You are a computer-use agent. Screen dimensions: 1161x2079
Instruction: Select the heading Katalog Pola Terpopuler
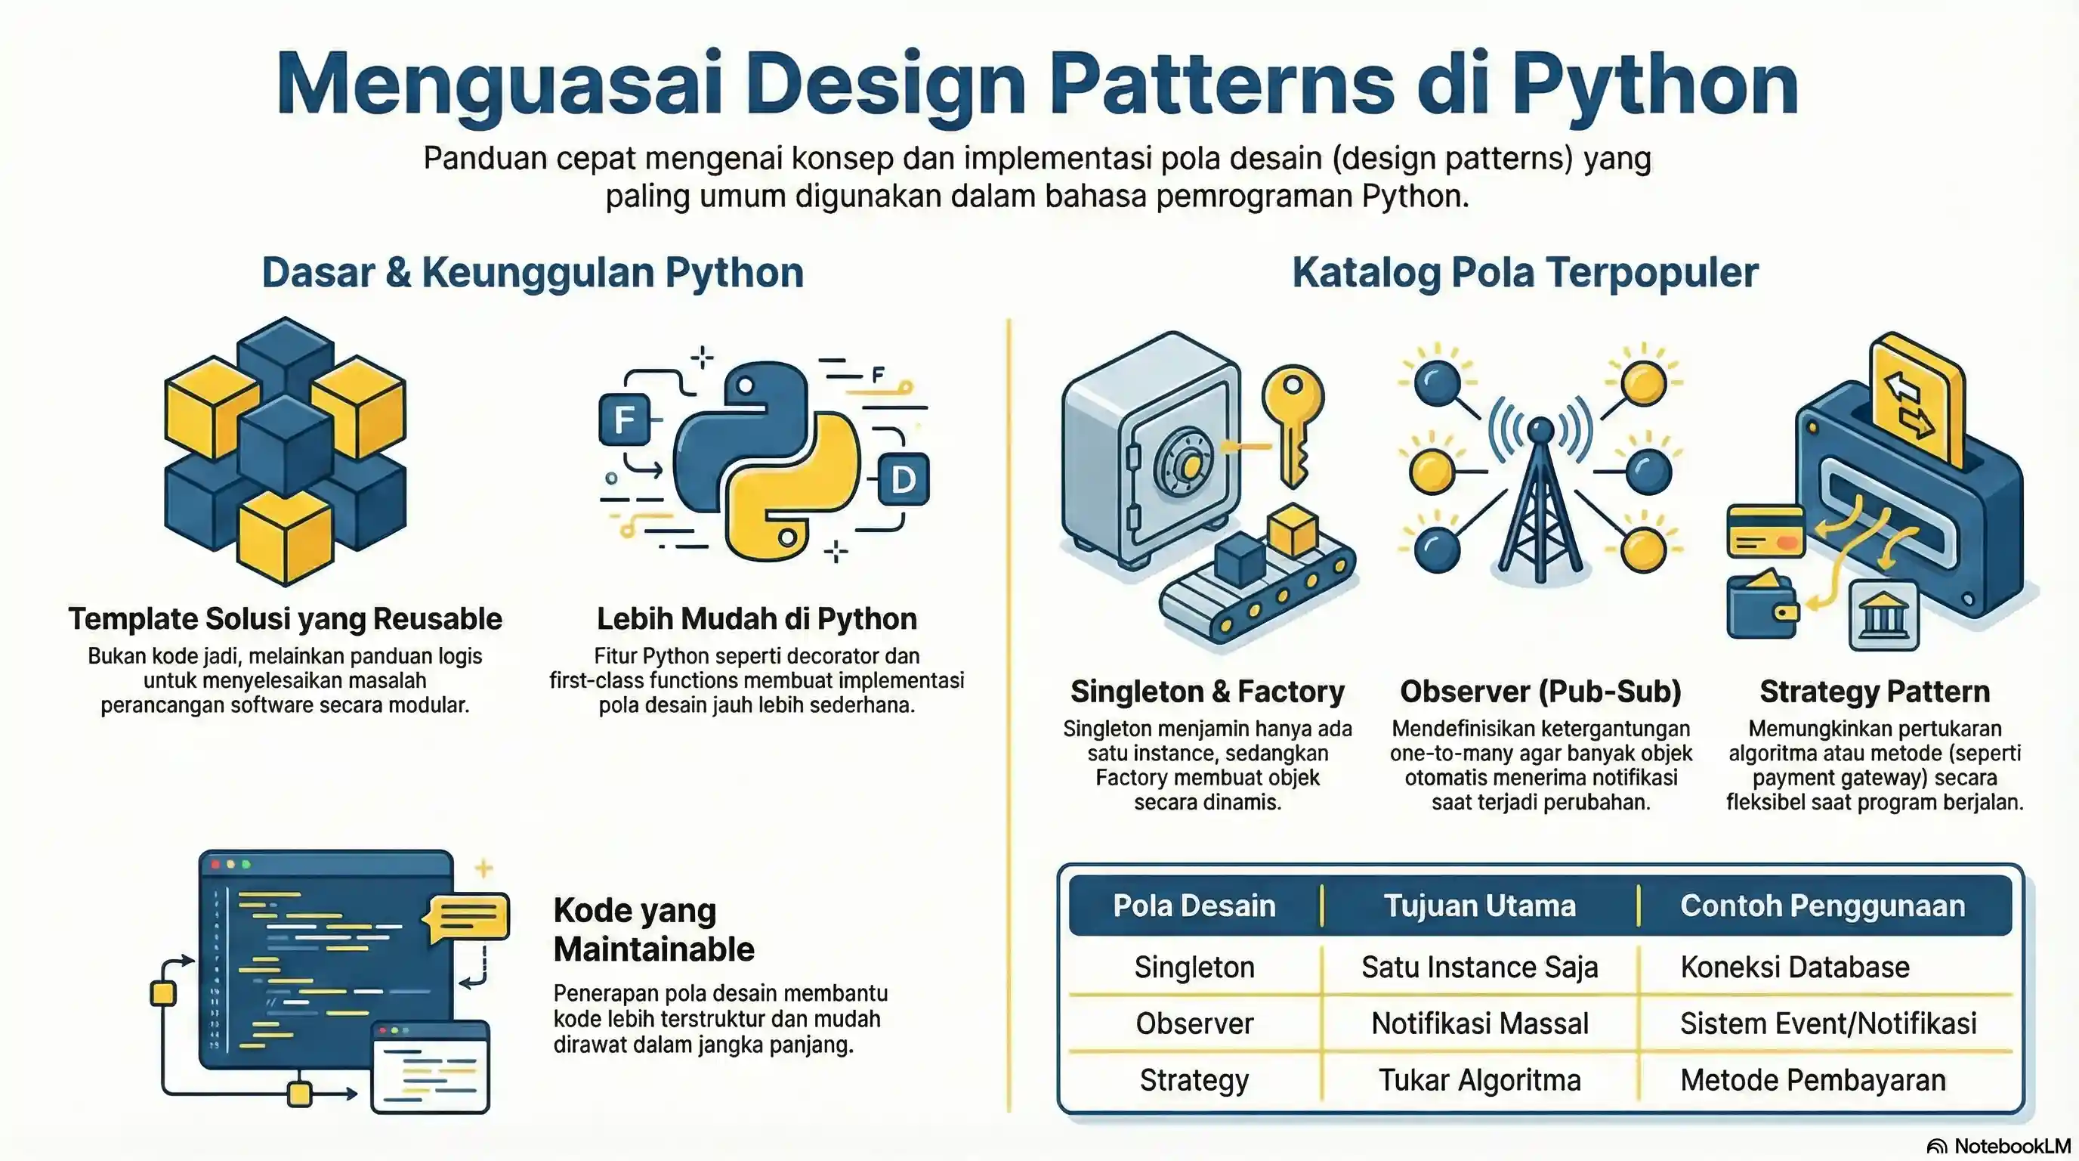(x=1524, y=272)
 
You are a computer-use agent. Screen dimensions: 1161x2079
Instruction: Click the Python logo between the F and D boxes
(x=766, y=460)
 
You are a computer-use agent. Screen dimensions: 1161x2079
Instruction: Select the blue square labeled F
(x=624, y=420)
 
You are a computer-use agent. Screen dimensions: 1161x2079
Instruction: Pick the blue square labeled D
(x=903, y=479)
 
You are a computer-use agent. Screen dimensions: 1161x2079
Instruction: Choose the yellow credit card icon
(x=1765, y=531)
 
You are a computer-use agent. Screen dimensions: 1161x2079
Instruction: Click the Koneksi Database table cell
(x=1794, y=967)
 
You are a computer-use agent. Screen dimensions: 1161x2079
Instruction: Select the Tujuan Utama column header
(x=1479, y=906)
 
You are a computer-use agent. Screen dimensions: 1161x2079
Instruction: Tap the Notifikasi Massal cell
(x=1479, y=1023)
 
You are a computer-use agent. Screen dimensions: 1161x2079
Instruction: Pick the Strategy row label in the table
(x=1194, y=1080)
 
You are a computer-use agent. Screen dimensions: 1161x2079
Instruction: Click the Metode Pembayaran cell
(x=1812, y=1080)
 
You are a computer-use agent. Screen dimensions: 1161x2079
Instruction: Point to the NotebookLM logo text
(x=2011, y=1147)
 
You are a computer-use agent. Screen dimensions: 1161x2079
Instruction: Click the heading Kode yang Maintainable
(x=653, y=929)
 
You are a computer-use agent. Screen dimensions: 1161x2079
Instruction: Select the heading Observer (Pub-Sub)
(x=1540, y=692)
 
